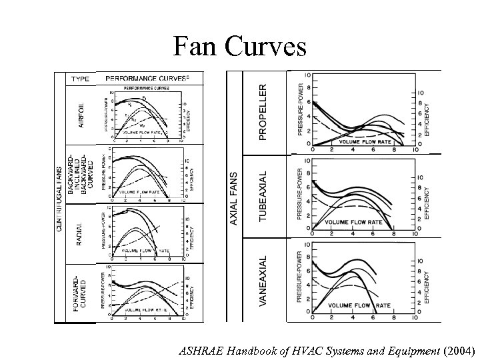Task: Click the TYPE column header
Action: point(81,79)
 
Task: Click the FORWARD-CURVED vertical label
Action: point(80,293)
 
